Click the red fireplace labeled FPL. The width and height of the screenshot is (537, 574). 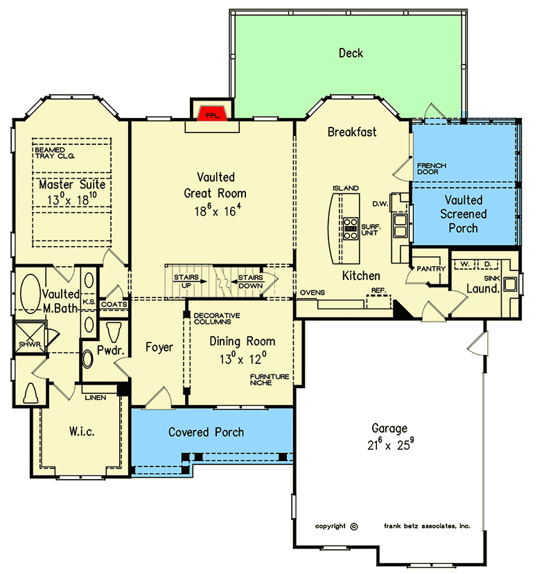(x=211, y=114)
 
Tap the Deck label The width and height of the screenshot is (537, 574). (x=351, y=53)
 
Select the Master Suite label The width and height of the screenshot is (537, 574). (x=72, y=185)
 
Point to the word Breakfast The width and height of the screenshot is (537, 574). (x=352, y=132)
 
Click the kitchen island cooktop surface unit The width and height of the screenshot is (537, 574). (x=351, y=228)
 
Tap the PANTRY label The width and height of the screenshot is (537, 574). (x=425, y=267)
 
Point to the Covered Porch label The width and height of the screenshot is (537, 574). (x=206, y=432)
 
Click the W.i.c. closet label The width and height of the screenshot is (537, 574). (x=82, y=432)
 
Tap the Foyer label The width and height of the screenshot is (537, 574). (x=159, y=347)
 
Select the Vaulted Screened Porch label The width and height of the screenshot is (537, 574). (x=464, y=214)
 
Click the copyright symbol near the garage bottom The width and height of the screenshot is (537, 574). (x=353, y=526)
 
